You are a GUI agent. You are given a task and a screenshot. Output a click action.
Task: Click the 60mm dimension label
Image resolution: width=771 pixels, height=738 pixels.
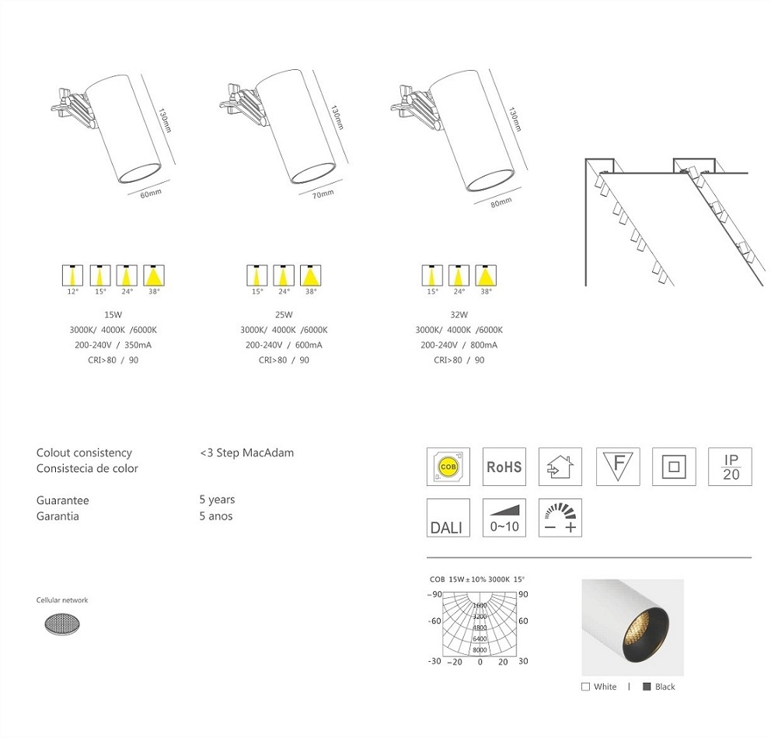pos(151,194)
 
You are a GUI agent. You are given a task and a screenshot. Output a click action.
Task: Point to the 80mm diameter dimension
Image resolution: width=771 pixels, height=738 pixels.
pos(501,203)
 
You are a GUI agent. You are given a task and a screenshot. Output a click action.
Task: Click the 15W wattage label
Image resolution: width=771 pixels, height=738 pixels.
pos(113,315)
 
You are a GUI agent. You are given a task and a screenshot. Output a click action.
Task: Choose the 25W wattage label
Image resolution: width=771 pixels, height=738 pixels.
pos(284,315)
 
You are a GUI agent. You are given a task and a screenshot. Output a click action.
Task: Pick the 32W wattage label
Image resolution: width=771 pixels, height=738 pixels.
pos(459,315)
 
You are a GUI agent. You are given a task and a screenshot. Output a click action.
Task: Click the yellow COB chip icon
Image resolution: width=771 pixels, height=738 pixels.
pos(448,467)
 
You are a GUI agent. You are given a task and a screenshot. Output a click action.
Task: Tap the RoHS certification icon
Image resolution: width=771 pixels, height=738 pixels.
pos(504,467)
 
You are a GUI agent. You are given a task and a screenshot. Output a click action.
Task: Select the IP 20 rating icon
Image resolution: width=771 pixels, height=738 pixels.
pos(731,467)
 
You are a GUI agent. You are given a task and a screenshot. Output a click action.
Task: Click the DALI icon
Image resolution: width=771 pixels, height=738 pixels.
pos(448,518)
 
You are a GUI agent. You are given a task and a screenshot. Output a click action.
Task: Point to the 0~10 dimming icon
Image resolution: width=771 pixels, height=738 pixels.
pos(504,518)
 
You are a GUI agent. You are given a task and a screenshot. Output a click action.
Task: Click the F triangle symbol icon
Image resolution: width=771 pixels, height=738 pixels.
pos(618,467)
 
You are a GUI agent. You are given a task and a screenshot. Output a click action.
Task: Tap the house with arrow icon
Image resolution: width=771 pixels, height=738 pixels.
pos(560,467)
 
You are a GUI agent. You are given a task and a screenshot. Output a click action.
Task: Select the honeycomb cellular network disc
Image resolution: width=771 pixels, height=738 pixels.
pos(65,623)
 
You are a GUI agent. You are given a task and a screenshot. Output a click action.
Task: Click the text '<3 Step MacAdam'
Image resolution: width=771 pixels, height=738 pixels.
pos(246,453)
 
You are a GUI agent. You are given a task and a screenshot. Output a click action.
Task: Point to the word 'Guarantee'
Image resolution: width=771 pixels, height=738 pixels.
pos(62,501)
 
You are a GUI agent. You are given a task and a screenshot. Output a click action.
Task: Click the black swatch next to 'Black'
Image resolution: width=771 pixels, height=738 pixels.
pos(646,687)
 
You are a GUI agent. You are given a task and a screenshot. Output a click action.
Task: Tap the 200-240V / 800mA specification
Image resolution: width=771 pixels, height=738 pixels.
pos(459,345)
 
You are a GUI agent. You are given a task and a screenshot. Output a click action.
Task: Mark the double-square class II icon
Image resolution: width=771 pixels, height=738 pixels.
pos(674,467)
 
